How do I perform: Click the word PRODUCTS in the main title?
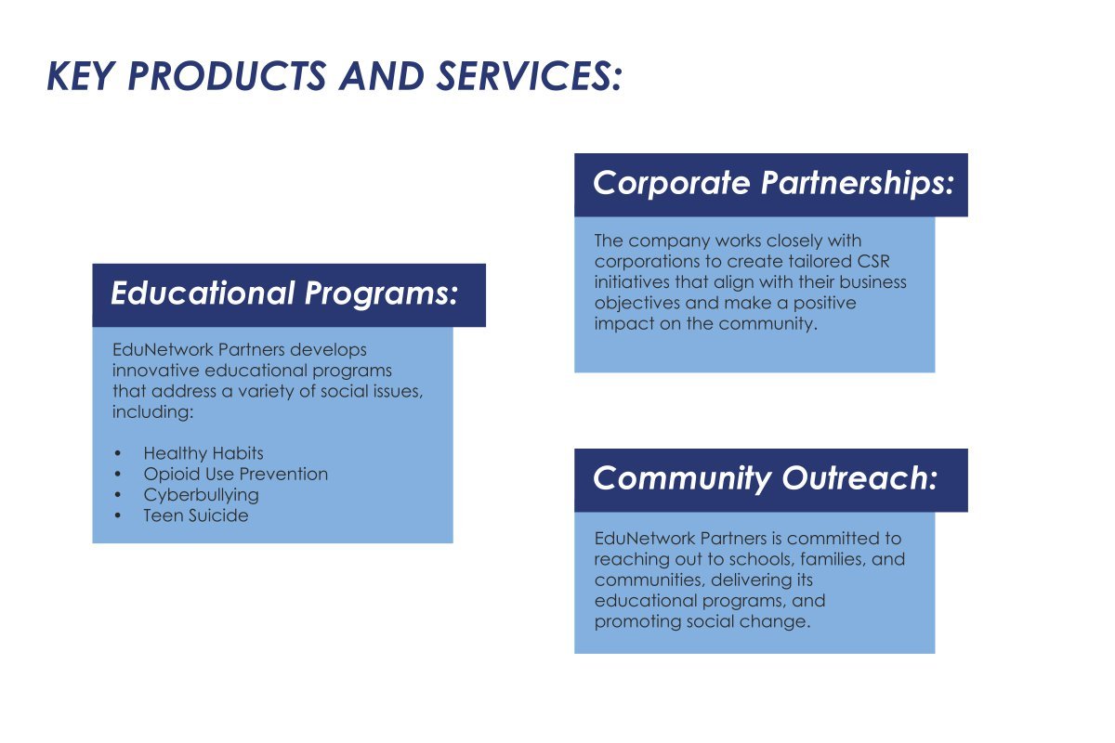228,76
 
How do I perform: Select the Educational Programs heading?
284,293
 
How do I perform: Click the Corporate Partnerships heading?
773,183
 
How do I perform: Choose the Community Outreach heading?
765,478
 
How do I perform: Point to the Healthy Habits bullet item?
203,453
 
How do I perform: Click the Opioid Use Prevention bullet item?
235,475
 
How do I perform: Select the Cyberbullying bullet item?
201,495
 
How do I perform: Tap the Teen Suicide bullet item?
196,515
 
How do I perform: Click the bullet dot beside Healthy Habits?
117,454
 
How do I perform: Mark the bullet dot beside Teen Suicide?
117,516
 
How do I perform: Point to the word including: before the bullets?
152,412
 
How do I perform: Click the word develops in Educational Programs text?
328,350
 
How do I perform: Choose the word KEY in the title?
80,76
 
